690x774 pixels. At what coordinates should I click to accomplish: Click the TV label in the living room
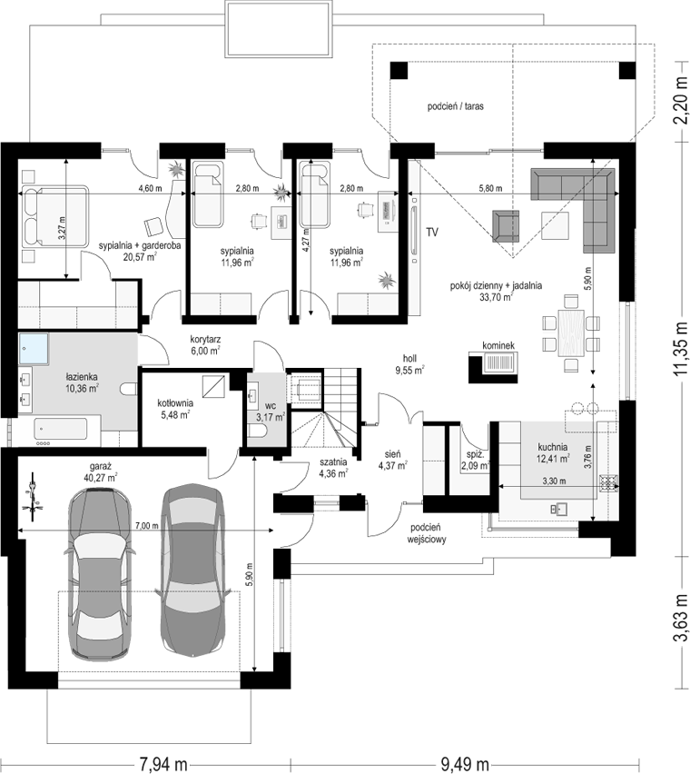pos(432,232)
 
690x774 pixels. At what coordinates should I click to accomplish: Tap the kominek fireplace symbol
pos(493,367)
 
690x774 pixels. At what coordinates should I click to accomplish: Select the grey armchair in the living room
pos(506,226)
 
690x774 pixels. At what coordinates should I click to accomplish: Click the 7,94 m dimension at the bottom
pos(163,764)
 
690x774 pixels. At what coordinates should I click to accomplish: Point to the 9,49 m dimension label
pos(464,764)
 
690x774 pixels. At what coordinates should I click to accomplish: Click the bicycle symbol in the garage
pos(33,496)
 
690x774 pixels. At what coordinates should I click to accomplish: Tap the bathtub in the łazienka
pos(61,429)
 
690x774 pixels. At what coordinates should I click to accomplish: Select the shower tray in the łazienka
pos(34,349)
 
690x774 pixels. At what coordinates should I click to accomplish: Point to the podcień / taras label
pos(455,106)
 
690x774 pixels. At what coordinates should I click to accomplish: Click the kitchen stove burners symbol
pos(608,482)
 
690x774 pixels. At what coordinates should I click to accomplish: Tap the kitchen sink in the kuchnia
pos(560,508)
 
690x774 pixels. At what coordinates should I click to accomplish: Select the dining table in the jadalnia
pos(571,332)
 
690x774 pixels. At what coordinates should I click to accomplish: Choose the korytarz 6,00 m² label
pos(205,345)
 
